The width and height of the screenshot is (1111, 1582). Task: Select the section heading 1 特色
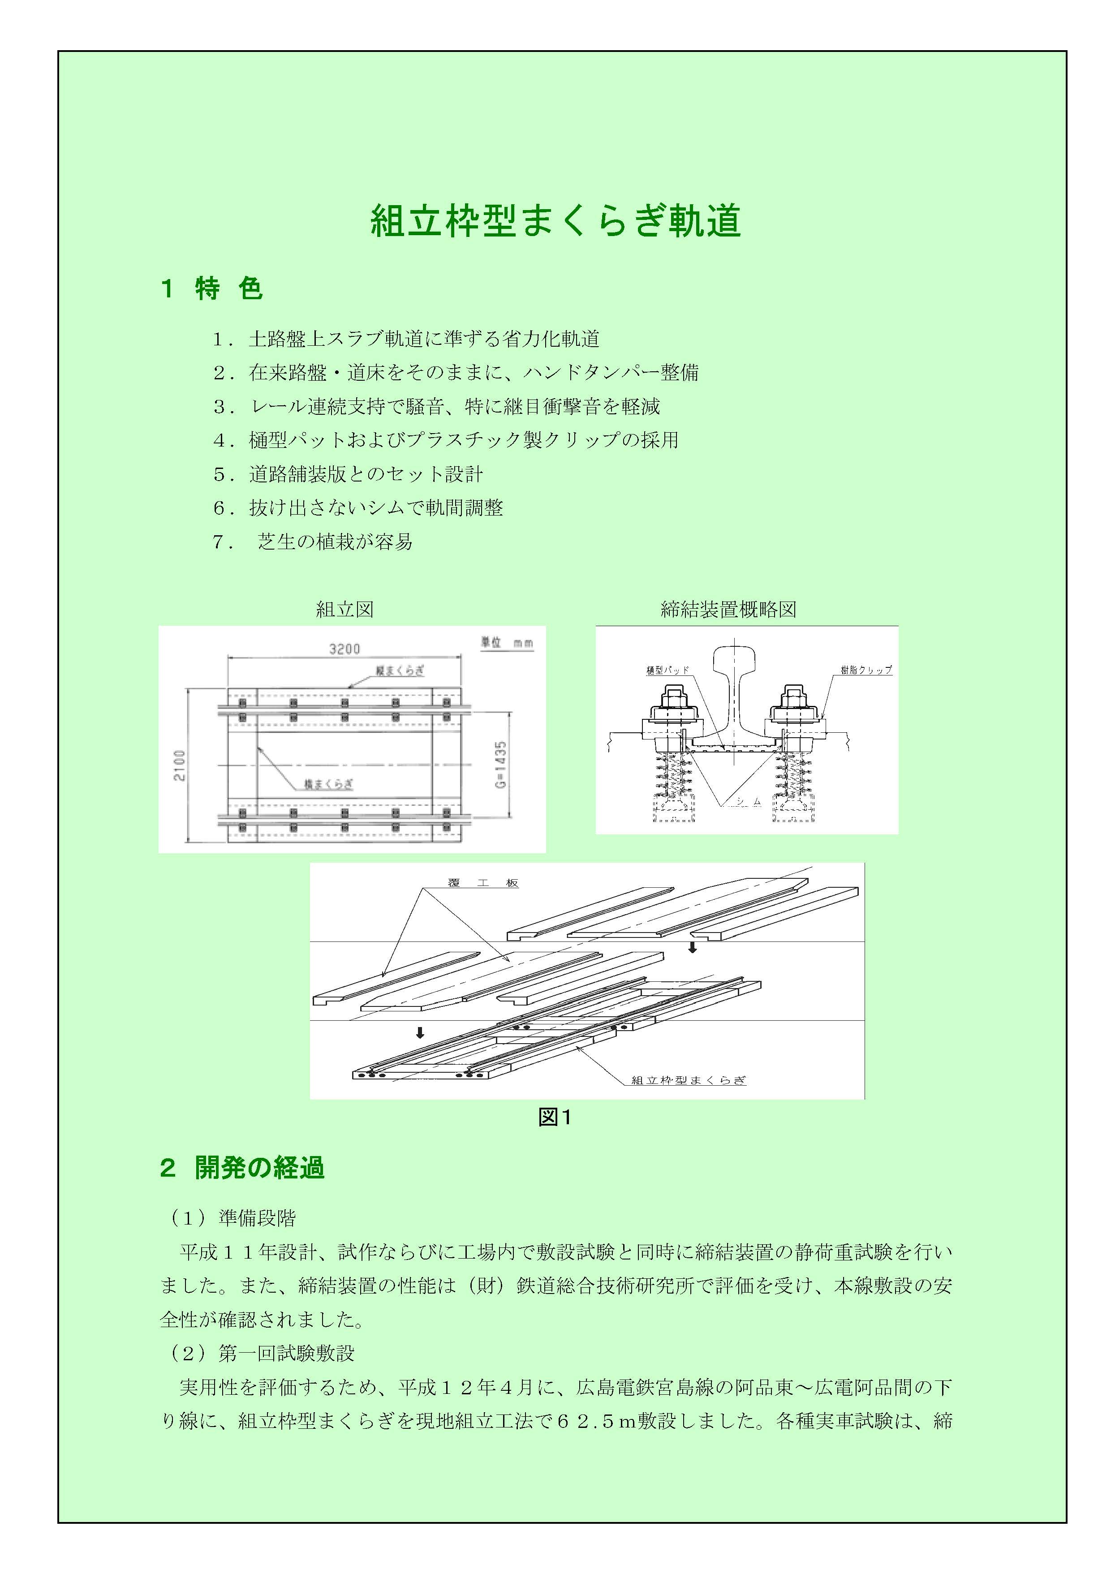click(x=211, y=288)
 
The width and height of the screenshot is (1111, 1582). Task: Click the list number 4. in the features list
click(x=224, y=440)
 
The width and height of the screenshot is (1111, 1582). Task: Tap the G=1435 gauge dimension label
click(x=501, y=765)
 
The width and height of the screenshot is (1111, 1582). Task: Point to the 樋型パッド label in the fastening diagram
click(x=667, y=670)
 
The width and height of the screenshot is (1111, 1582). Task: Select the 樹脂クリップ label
click(x=866, y=670)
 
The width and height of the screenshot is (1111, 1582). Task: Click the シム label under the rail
click(x=748, y=801)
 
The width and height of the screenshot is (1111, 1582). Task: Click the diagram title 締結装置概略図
click(x=728, y=609)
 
